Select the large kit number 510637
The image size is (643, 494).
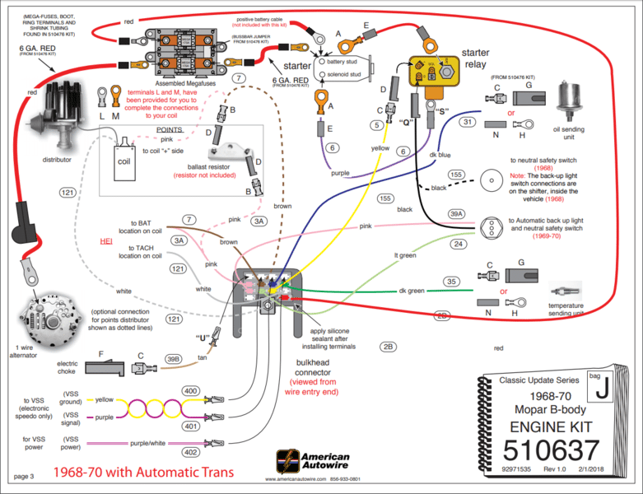551,451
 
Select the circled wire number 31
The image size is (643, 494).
467,122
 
